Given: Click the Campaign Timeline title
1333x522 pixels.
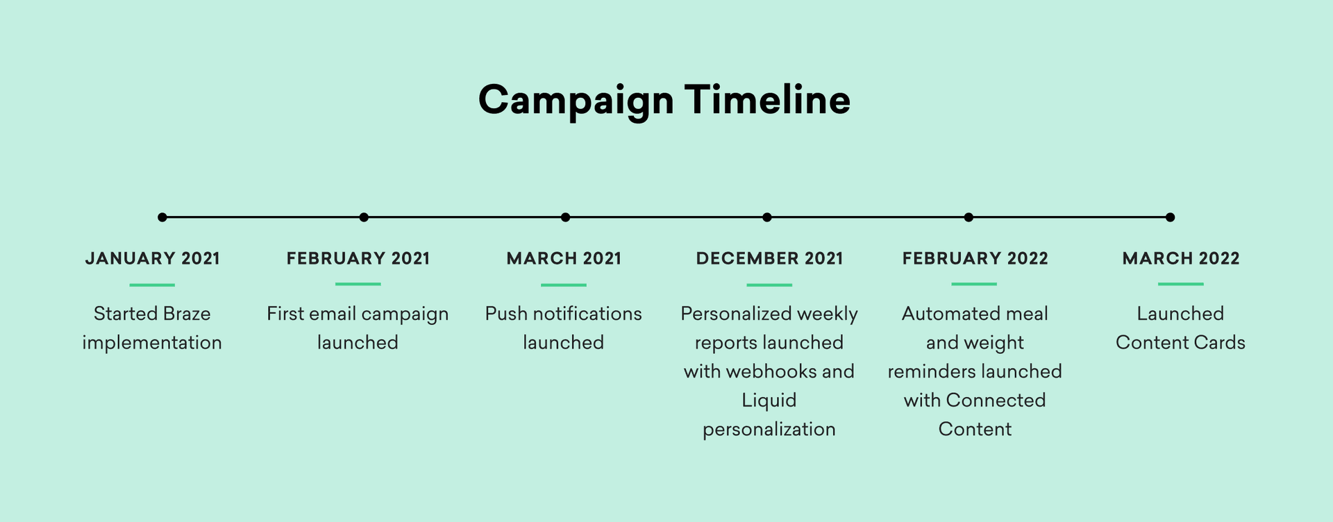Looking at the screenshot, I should pos(664,100).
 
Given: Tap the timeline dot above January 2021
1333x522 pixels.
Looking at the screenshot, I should pos(162,217).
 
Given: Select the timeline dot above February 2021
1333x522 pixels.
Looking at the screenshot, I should pos(364,217).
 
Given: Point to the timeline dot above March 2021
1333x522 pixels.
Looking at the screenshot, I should pos(565,217).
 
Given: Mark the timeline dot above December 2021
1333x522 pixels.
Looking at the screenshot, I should pos(766,217).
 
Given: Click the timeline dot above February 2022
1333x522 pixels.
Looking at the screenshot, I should pos(969,217).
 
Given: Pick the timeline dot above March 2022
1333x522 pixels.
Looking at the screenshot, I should pos(1170,217).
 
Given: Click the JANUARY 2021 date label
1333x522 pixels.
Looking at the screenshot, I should pos(152,259).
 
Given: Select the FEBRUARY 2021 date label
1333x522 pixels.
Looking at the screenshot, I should pos(358,259).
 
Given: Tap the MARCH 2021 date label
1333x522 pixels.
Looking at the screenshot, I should pos(564,259).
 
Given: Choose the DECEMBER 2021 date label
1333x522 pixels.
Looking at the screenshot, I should pos(769,259).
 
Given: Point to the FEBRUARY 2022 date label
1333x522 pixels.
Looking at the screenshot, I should pos(975,259).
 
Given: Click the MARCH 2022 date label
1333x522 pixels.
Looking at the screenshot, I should pos(1180,259).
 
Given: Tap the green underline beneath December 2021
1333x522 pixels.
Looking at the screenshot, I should pos(769,285).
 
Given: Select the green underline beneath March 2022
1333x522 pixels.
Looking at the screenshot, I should pos(1180,284).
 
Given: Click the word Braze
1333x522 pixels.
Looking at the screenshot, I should pos(187,314).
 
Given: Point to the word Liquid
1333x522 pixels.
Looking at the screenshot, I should pos(769,401).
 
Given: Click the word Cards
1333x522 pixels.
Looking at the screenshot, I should pos(1223,343).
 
